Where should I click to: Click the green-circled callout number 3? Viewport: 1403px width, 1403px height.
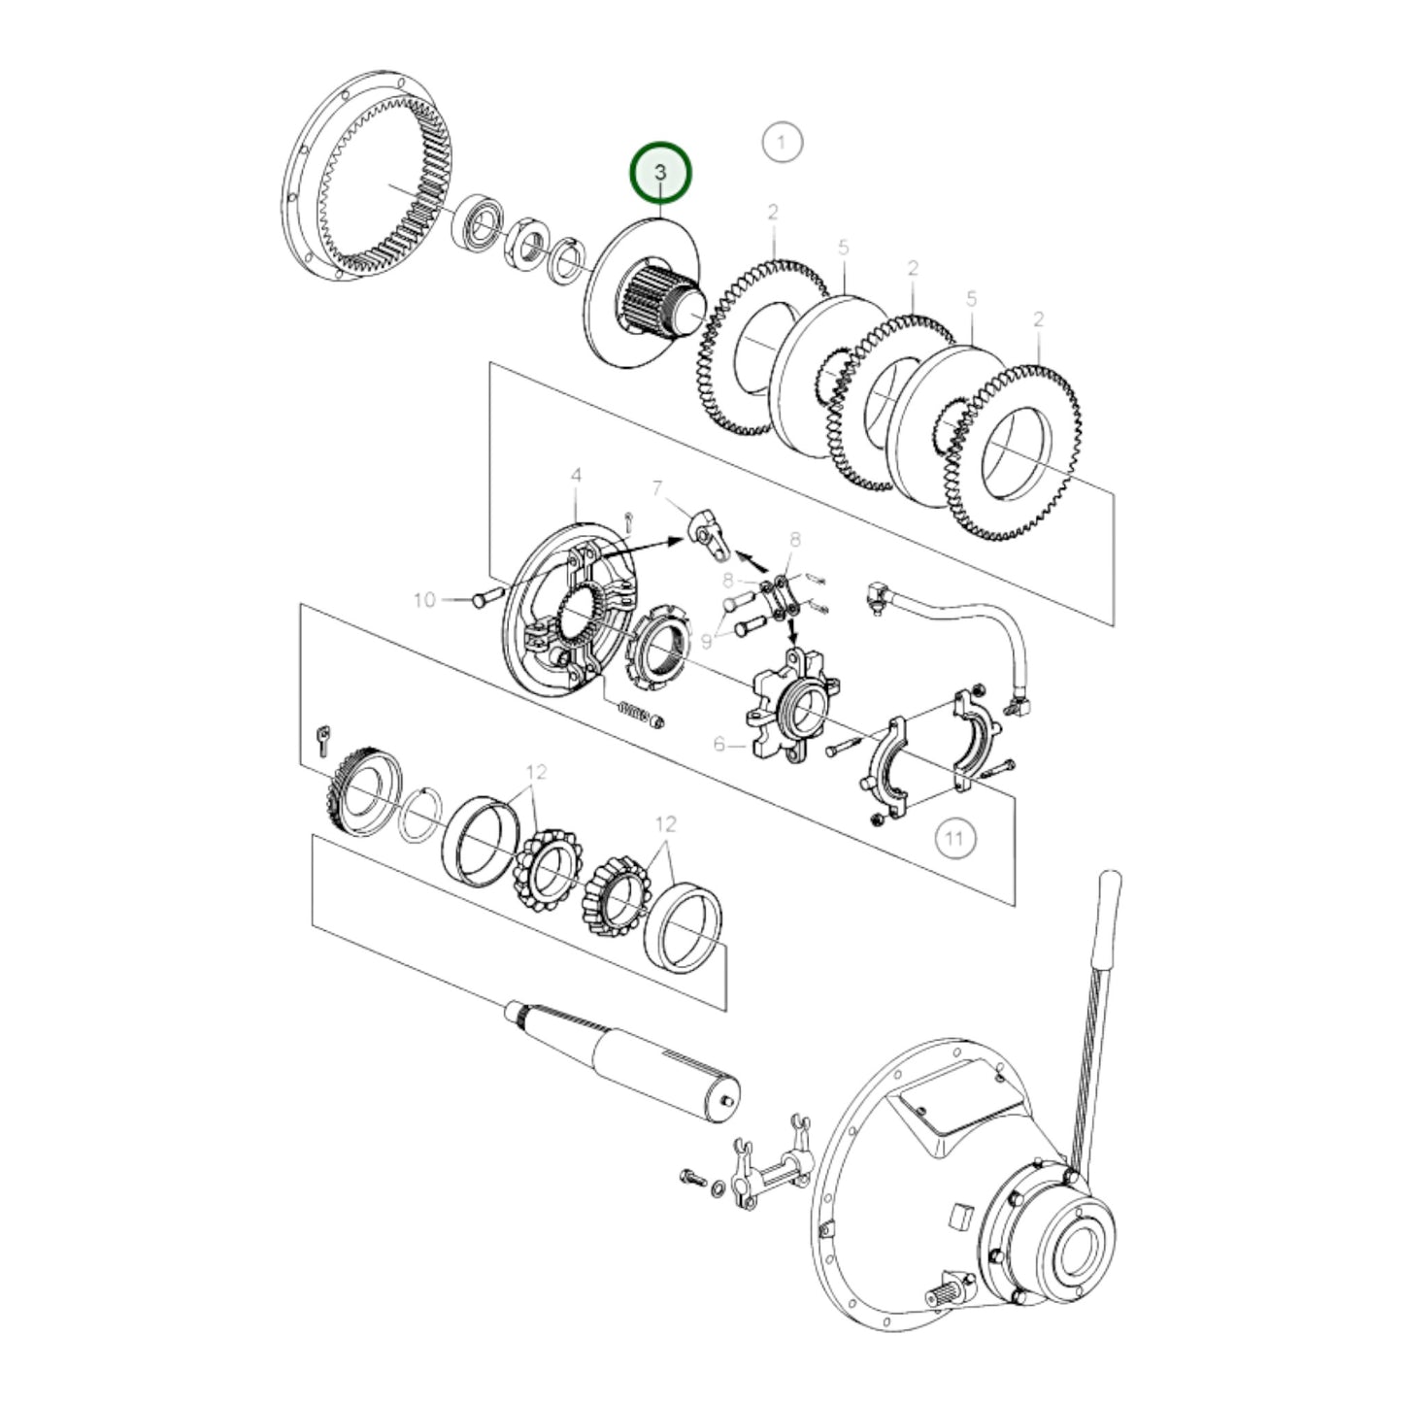pos(659,173)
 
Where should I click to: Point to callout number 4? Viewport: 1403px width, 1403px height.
pos(576,476)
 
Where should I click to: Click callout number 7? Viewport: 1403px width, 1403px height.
pos(657,487)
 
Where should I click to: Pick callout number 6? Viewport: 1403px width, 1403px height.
pos(719,744)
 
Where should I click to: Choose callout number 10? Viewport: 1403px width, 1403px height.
pos(424,600)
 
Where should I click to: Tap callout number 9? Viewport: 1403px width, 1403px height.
pos(706,642)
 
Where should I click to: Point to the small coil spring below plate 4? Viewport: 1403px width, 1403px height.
pos(636,712)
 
